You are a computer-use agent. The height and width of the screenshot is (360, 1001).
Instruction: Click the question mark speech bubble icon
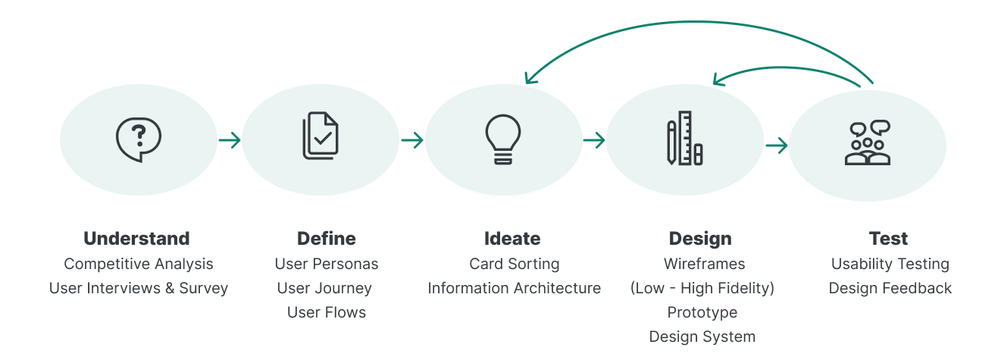pos(138,139)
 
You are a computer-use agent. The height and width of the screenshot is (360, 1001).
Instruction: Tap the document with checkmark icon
pos(321,136)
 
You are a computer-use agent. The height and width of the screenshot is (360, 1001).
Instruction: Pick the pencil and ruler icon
pos(685,139)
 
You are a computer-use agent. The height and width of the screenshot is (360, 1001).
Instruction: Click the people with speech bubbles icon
pos(868,143)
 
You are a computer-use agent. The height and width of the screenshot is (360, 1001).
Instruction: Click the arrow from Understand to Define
pos(230,140)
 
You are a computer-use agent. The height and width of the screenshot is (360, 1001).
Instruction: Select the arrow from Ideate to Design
pos(594,140)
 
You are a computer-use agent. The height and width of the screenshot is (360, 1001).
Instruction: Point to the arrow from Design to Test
pos(777,145)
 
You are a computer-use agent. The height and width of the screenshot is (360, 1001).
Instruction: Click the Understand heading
pos(136,239)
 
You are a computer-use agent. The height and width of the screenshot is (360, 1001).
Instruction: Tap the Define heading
pos(327,239)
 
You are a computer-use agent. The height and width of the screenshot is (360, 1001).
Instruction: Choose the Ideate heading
pos(512,239)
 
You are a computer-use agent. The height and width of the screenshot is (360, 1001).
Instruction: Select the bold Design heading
pos(700,239)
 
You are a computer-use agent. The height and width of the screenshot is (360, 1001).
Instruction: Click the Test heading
pos(888,239)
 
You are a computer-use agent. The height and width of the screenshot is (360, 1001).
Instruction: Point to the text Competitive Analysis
pos(139,264)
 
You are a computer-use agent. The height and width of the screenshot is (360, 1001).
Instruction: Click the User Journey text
pos(324,288)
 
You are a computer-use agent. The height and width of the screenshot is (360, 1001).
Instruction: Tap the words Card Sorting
pos(515,264)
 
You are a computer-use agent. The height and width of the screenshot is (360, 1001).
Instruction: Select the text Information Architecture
pos(515,288)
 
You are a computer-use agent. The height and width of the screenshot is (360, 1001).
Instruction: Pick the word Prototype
pos(702,312)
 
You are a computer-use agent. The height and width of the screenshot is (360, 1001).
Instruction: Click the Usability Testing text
pos(890,264)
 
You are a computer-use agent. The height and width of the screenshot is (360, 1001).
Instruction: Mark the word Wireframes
pos(705,264)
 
